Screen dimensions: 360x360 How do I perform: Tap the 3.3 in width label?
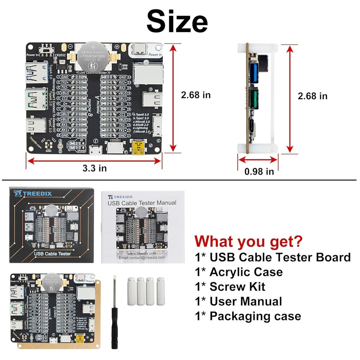pos(94,168)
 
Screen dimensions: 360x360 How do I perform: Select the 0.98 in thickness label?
pos(259,171)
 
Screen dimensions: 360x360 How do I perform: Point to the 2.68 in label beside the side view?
pos(312,96)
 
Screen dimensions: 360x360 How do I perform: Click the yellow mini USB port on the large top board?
pos(138,147)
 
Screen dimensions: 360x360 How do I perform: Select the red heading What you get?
pos(249,241)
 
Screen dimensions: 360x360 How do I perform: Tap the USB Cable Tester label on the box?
pos(53,254)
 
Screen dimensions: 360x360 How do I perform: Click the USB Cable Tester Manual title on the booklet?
pos(142,203)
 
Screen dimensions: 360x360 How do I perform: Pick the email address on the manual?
pos(142,257)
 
